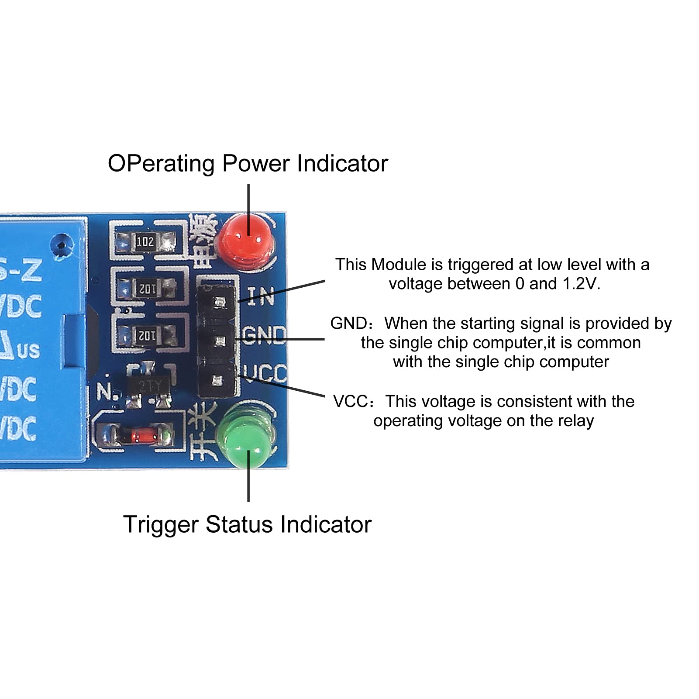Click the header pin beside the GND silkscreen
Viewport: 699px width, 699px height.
coord(218,341)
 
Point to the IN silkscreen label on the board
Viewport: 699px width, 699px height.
coord(261,296)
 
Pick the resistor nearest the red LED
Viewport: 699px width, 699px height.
coord(145,241)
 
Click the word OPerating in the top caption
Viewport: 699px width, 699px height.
coord(161,164)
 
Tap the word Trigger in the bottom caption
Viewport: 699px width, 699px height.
coord(161,524)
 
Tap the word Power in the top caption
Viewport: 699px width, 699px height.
coord(256,164)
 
